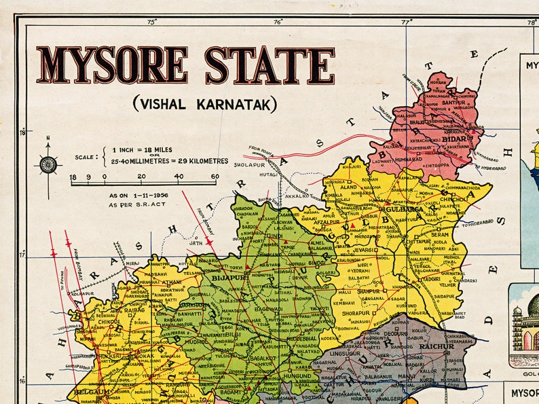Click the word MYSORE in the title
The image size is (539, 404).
(x=112, y=65)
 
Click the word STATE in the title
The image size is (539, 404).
(x=269, y=65)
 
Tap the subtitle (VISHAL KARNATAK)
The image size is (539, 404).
(x=204, y=104)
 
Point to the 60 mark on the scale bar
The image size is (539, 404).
(x=215, y=177)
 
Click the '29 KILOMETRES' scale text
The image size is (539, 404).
(x=196, y=161)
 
